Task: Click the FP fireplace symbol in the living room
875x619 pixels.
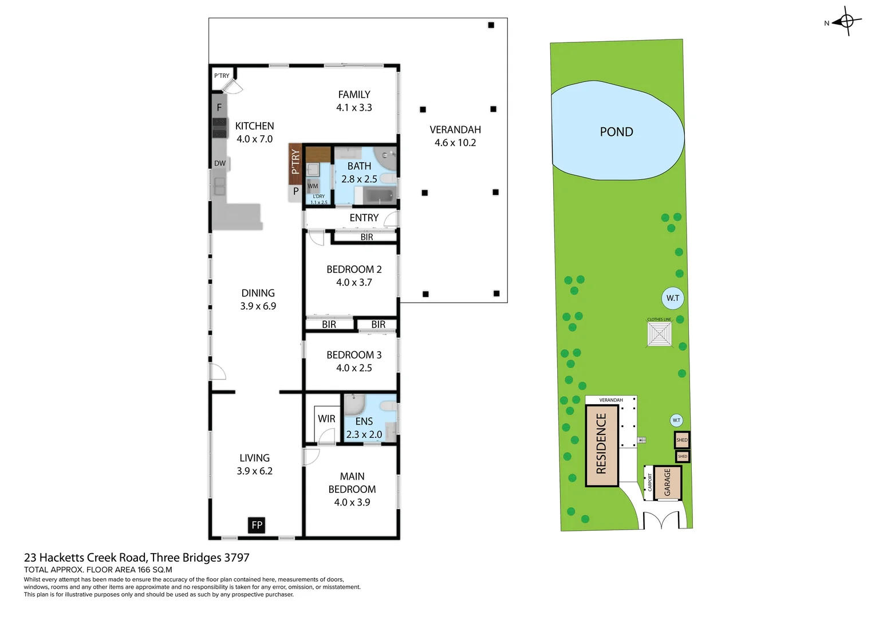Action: pyautogui.click(x=257, y=525)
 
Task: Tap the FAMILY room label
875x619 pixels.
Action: pyautogui.click(x=354, y=95)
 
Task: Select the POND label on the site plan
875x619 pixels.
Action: pyautogui.click(x=616, y=132)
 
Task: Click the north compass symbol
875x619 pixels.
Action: pyautogui.click(x=846, y=22)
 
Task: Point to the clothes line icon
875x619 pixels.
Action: pyautogui.click(x=659, y=334)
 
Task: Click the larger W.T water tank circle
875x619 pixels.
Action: pyautogui.click(x=673, y=298)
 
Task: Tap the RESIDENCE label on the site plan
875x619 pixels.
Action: pyautogui.click(x=601, y=444)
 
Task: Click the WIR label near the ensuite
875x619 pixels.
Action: pyautogui.click(x=326, y=419)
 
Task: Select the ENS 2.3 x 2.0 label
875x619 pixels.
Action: pyautogui.click(x=364, y=428)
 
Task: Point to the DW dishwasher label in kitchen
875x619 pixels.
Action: pyautogui.click(x=220, y=163)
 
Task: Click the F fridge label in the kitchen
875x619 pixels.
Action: pyautogui.click(x=219, y=107)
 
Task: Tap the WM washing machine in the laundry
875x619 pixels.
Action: pyautogui.click(x=313, y=186)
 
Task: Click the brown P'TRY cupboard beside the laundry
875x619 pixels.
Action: pyautogui.click(x=295, y=163)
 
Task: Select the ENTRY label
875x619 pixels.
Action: pyautogui.click(x=364, y=218)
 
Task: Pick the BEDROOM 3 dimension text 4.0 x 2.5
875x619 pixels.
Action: pyautogui.click(x=354, y=368)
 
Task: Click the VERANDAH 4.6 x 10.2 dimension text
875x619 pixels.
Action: pyautogui.click(x=455, y=143)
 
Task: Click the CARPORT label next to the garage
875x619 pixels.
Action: pyautogui.click(x=649, y=482)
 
